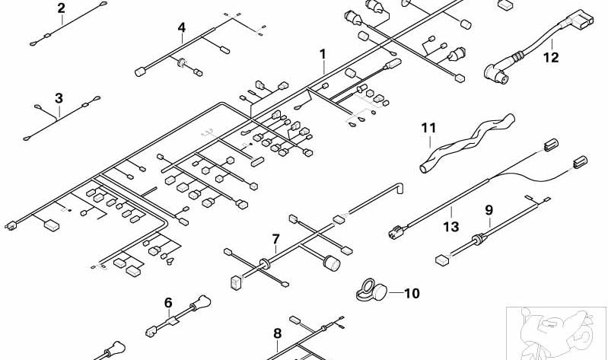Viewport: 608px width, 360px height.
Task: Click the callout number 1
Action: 323,54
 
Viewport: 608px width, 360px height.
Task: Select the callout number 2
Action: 61,8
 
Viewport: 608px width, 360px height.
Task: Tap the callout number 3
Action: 59,98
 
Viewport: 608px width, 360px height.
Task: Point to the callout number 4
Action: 181,27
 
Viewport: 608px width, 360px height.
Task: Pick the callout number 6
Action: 168,303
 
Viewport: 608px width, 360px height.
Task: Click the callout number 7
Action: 275,239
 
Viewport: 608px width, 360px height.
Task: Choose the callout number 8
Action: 277,333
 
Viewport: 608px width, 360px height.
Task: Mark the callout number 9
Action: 489,210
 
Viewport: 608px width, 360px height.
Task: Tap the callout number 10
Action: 412,293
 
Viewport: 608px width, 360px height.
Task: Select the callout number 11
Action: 428,128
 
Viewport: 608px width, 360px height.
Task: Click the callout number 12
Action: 551,57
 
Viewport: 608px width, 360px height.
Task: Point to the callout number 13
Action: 451,226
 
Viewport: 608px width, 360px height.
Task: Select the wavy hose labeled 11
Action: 467,143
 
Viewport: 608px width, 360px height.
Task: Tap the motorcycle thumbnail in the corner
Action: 556,333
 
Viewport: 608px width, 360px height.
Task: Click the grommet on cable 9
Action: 478,239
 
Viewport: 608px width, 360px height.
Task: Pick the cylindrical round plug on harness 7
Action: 332,263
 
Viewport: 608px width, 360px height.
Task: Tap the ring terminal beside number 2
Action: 103,4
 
